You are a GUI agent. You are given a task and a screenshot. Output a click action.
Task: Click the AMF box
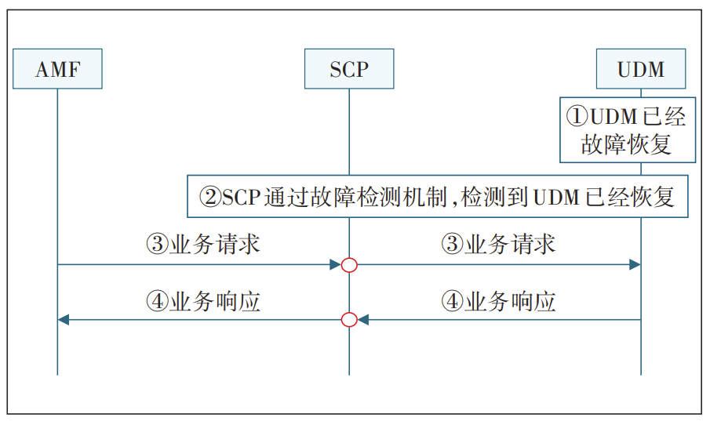click(57, 69)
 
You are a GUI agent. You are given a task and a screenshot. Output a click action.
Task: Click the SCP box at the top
click(349, 69)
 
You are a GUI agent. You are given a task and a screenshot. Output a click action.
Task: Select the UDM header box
click(641, 69)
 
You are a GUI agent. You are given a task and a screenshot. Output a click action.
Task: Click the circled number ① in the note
click(577, 117)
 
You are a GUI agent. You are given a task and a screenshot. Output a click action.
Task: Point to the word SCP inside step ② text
click(241, 196)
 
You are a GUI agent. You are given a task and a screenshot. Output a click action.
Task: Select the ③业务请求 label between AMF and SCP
click(202, 244)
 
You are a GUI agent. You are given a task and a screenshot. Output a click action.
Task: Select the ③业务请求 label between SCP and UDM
click(498, 244)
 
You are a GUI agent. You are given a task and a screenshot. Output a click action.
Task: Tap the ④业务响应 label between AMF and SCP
click(202, 301)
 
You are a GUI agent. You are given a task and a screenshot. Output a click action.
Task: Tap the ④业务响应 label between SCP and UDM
click(498, 301)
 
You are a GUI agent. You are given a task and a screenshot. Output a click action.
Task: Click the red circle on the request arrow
click(349, 265)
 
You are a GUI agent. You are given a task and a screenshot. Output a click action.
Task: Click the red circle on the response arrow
click(349, 319)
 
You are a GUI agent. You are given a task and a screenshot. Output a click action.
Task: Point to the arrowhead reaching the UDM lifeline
click(635, 265)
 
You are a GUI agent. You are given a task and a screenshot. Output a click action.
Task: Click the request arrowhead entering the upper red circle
click(336, 265)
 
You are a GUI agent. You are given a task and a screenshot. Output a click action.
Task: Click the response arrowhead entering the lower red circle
click(363, 319)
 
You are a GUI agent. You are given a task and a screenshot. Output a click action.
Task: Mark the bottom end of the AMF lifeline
click(57, 374)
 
